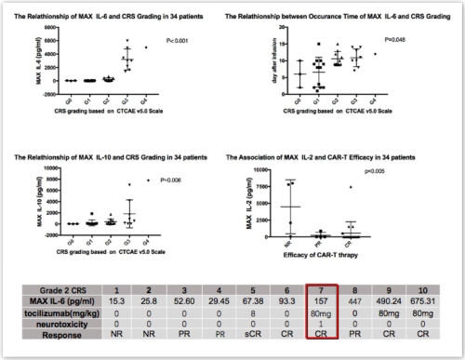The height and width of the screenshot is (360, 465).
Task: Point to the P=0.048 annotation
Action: tap(396, 40)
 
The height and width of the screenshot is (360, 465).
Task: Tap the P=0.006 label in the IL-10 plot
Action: tap(178, 178)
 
